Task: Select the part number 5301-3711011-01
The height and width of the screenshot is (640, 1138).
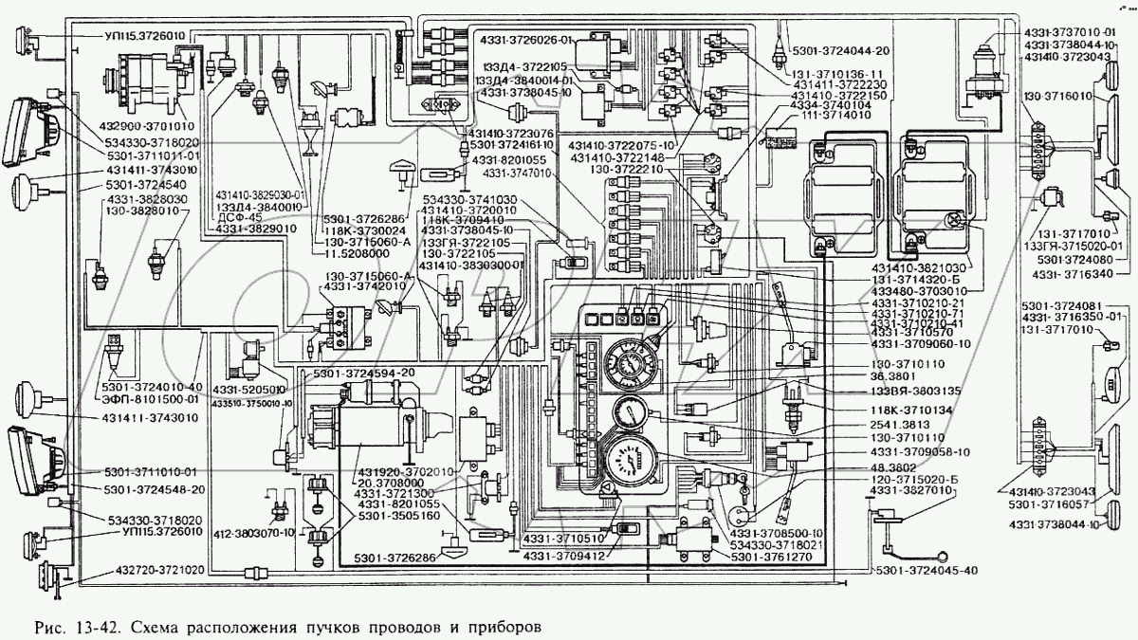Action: pyautogui.click(x=153, y=155)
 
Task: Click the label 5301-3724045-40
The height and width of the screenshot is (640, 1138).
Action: pyautogui.click(x=926, y=569)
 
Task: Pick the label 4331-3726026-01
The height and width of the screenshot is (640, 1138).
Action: pyautogui.click(x=525, y=42)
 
